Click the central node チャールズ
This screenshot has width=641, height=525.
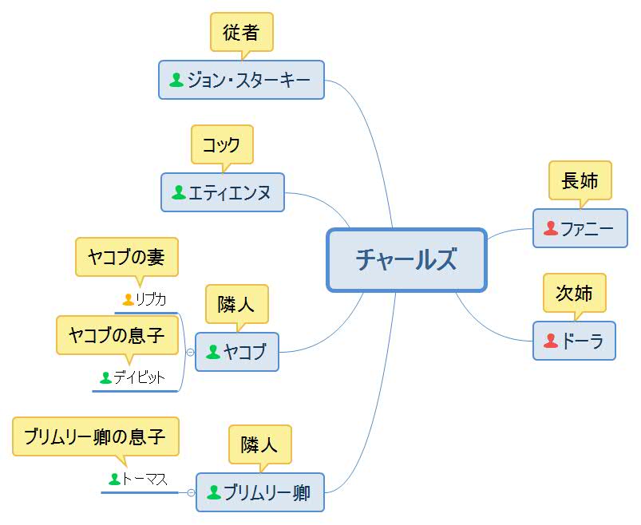tap(406, 260)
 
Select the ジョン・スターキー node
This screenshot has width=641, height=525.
tap(241, 80)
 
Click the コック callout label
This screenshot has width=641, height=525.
tap(222, 145)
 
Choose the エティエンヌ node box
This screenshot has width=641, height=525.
tap(223, 192)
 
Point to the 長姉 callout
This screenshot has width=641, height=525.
tap(580, 180)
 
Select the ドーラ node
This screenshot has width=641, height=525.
tap(574, 341)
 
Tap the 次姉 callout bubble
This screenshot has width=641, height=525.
tap(574, 293)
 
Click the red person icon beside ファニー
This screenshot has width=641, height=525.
tap(550, 229)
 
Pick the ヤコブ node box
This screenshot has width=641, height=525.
tap(237, 352)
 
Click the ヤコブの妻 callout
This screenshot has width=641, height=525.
tap(127, 257)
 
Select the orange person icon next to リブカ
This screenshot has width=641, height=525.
tap(128, 299)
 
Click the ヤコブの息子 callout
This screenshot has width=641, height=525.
tap(117, 334)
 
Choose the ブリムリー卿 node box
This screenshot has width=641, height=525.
tap(260, 492)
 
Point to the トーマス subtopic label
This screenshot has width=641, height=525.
tap(144, 479)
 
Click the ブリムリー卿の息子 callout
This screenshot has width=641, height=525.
tap(95, 436)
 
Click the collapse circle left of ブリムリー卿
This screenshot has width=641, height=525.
tap(191, 492)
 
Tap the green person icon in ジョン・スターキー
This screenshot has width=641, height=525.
tap(176, 80)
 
